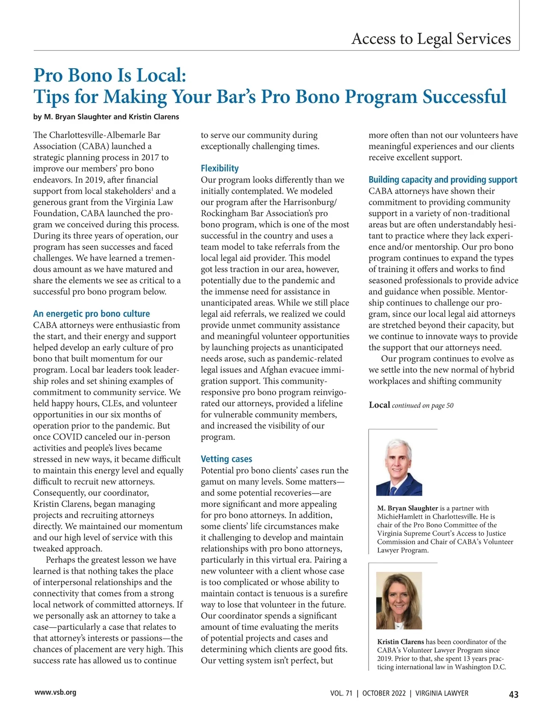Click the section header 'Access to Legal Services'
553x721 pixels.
pos(431,39)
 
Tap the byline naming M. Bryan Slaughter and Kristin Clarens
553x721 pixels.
pos(106,117)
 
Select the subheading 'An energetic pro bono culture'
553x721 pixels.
pos(91,314)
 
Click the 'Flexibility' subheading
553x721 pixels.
pos(219,168)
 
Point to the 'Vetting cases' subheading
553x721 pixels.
pos(226,459)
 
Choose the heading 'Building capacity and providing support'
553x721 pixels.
pos(442,180)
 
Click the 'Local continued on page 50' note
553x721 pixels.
pos(411,405)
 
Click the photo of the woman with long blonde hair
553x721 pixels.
pos(399,600)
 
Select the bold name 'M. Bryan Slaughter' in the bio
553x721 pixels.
pos(407,508)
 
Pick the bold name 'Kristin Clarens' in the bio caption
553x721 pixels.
pos(400,642)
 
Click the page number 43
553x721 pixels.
pos(513,694)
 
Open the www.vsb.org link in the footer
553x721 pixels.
pos(55,692)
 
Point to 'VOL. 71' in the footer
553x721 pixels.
pos(341,693)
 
